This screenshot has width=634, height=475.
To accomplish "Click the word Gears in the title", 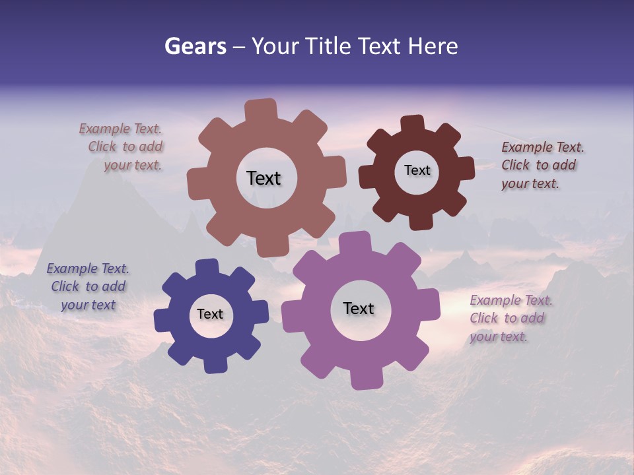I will pos(195,46).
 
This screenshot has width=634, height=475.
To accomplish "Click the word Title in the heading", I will pos(330,46).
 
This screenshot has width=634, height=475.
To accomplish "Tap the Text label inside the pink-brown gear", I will pos(264,178).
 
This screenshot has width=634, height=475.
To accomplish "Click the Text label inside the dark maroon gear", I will pos(417,170).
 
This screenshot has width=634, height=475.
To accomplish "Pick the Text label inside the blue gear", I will pos(210,314).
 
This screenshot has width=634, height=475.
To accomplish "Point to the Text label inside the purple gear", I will pos(359,308).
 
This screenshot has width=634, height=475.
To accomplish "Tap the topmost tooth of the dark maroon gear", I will pos(413,125).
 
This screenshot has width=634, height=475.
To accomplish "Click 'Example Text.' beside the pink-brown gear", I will pos(120,129).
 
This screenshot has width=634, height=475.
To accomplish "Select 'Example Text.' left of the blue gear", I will pos(88,269).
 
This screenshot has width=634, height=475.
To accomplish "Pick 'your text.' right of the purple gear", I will pos(499,336).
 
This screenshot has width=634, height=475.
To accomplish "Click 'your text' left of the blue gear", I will pos(88,305).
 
